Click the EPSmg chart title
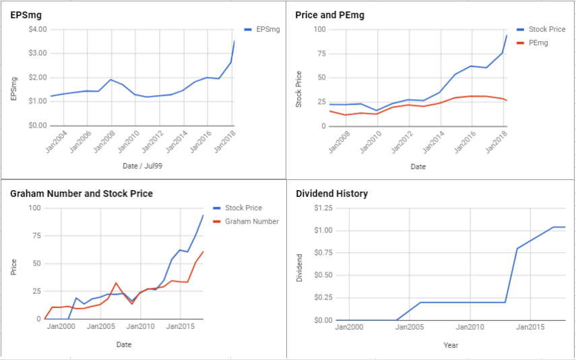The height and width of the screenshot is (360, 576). tap(26, 15)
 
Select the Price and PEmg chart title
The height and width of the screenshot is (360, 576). tap(330, 15)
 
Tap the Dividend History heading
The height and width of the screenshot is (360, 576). tap(331, 193)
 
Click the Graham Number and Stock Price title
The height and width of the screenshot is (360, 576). tap(82, 193)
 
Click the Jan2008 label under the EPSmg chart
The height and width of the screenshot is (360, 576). tap(105, 142)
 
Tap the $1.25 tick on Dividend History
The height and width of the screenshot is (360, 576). tap(323, 208)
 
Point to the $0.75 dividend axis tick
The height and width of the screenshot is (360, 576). tap(323, 253)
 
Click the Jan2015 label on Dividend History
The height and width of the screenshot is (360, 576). tap(530, 327)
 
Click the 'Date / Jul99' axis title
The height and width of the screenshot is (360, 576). tap(143, 167)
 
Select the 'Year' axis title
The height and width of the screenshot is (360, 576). tap(451, 345)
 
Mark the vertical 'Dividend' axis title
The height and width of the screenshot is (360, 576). tap(299, 268)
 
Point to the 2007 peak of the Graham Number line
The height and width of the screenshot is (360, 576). tap(116, 282)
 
